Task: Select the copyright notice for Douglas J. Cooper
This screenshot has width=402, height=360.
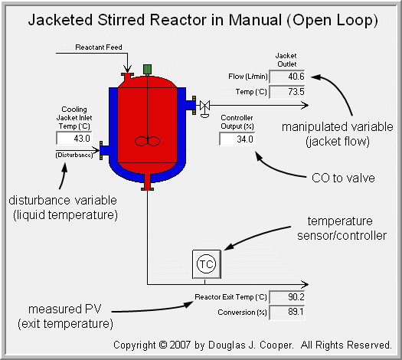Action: click(253, 345)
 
